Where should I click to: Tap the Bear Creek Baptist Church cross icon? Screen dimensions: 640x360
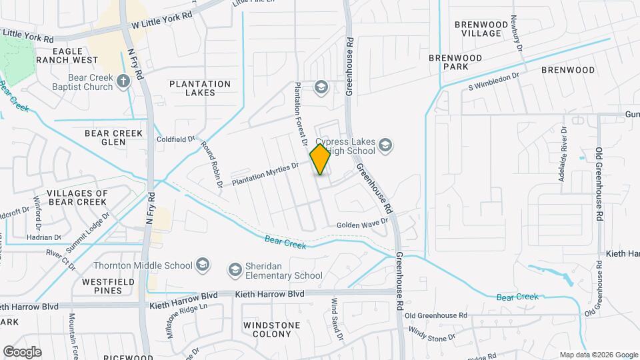pyautogui.click(x=123, y=81)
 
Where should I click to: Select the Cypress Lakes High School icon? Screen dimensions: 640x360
pyautogui.click(x=385, y=145)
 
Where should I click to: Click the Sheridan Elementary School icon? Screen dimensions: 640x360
pyautogui.click(x=234, y=269)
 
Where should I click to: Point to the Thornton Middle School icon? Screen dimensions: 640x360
pyautogui.click(x=201, y=265)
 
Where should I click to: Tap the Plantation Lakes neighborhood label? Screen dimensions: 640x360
pyautogui.click(x=200, y=88)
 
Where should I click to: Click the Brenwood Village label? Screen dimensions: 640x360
pyautogui.click(x=477, y=29)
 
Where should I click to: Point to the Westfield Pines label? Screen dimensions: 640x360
pyautogui.click(x=104, y=287)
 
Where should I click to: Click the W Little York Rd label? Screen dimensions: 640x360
pyautogui.click(x=161, y=19)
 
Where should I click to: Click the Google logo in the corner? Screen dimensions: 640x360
pyautogui.click(x=22, y=351)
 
